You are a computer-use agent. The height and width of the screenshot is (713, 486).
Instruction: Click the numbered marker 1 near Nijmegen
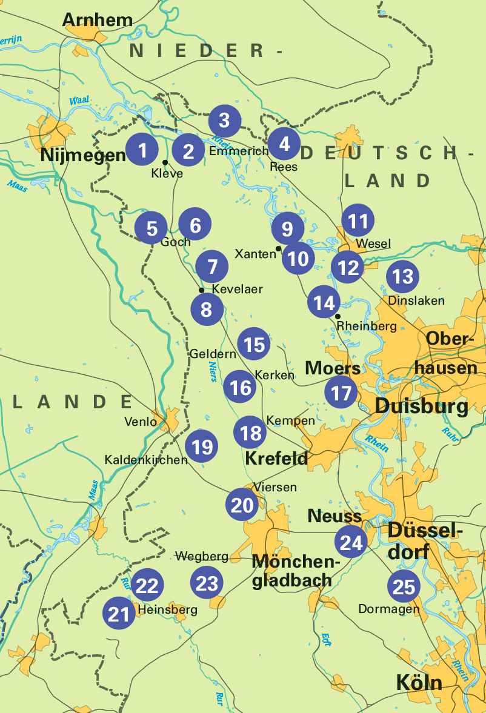click(142, 149)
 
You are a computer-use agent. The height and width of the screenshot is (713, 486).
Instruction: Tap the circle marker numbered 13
click(402, 276)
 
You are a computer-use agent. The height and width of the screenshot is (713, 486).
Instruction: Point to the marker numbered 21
click(119, 614)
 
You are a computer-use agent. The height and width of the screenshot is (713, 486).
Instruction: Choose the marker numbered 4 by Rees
click(284, 144)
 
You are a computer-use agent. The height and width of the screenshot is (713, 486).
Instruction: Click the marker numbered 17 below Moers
click(341, 393)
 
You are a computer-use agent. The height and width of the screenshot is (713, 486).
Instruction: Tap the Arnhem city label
click(97, 19)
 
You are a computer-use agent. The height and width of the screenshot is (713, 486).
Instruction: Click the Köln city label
click(419, 683)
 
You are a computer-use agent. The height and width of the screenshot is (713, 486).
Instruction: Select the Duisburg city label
click(421, 406)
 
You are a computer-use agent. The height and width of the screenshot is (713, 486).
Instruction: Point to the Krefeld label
click(276, 459)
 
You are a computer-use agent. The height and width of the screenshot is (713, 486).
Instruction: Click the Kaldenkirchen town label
click(146, 460)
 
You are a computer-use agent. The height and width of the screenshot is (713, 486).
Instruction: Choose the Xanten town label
click(255, 254)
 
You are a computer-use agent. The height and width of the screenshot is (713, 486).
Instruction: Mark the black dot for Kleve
click(165, 162)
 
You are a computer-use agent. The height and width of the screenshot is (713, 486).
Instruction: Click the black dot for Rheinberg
click(338, 316)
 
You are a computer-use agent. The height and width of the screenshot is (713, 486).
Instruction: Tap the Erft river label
click(327, 638)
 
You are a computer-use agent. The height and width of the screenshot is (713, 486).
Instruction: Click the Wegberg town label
click(202, 555)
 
